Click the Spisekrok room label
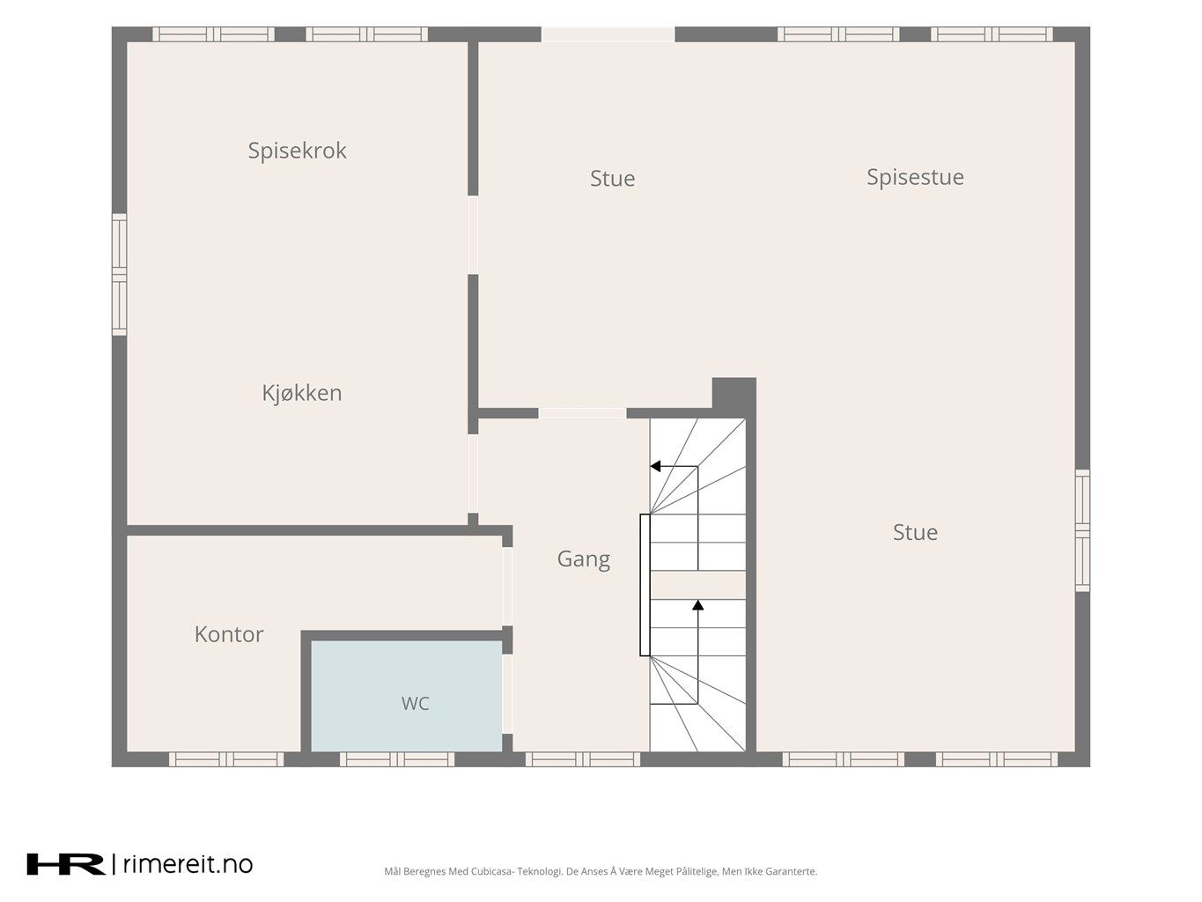pyautogui.click(x=297, y=151)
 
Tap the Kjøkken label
pyautogui.click(x=302, y=393)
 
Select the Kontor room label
pyautogui.click(x=229, y=635)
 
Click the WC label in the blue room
pyautogui.click(x=415, y=704)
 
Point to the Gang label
pyautogui.click(x=583, y=560)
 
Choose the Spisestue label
pyautogui.click(x=915, y=177)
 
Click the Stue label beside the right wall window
pyautogui.click(x=915, y=532)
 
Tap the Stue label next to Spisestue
pyautogui.click(x=612, y=179)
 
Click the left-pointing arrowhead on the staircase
pyautogui.click(x=655, y=466)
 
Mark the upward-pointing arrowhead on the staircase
pyautogui.click(x=697, y=604)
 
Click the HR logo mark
pyautogui.click(x=66, y=864)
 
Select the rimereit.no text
pyautogui.click(x=188, y=864)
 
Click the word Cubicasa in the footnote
pyautogui.click(x=489, y=871)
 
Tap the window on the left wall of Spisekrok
pyautogui.click(x=120, y=274)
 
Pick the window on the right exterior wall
pyautogui.click(x=1082, y=530)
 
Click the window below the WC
pyautogui.click(x=397, y=759)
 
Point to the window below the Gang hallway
pyautogui.click(x=583, y=759)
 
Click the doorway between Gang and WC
pyautogui.click(x=507, y=694)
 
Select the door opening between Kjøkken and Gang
pyautogui.click(x=473, y=473)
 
